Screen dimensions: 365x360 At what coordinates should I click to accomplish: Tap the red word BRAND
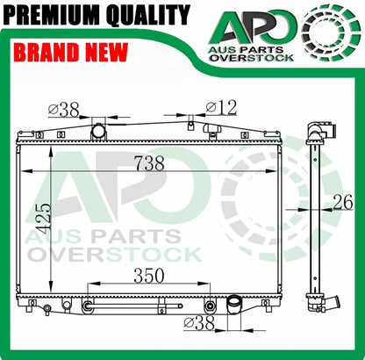coord(47,52)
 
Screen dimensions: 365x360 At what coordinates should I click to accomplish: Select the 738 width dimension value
coord(149,163)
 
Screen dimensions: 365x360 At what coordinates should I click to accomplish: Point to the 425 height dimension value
coord(45,219)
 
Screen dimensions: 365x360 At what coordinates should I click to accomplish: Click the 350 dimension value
coord(149,276)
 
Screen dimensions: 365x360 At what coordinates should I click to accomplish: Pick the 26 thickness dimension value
coord(343,202)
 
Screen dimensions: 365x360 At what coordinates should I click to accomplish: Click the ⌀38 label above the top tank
coord(64,110)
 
